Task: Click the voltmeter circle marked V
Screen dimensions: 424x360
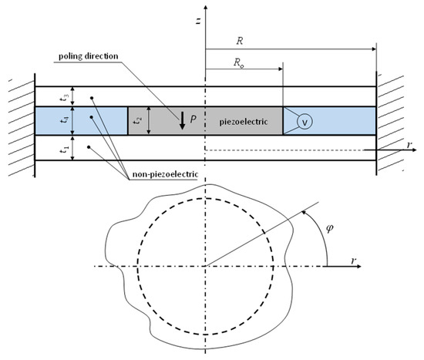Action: tap(305, 122)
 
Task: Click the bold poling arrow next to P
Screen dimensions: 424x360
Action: tap(182, 120)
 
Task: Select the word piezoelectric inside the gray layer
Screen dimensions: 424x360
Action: tap(244, 122)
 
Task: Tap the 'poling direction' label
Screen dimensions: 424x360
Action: tap(89, 56)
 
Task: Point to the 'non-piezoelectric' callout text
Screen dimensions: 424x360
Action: tap(165, 174)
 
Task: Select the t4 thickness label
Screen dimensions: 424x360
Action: tap(64, 119)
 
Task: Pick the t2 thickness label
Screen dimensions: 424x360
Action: tap(137, 120)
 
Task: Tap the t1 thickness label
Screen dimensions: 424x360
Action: tap(64, 149)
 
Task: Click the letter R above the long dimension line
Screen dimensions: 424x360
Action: tap(240, 41)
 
